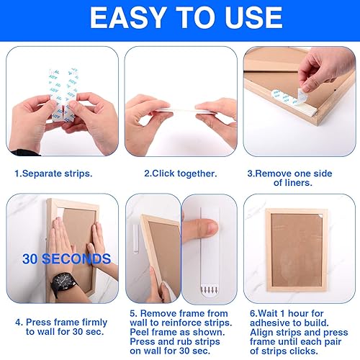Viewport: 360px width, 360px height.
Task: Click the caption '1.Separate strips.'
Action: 54,173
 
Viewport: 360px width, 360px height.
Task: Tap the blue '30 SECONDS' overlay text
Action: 66,258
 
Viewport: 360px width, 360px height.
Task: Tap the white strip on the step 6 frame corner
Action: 317,214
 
